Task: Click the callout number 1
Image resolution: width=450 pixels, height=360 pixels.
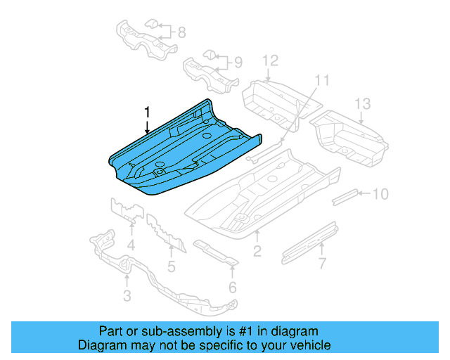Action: pyautogui.click(x=148, y=112)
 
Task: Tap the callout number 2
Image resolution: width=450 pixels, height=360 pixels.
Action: pyautogui.click(x=257, y=251)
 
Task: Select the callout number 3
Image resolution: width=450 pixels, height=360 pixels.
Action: pyautogui.click(x=127, y=296)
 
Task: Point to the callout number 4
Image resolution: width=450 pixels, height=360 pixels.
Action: pyautogui.click(x=131, y=245)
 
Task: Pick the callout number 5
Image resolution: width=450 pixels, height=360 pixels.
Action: pyautogui.click(x=171, y=266)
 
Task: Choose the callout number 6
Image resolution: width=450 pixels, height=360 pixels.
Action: pyautogui.click(x=232, y=286)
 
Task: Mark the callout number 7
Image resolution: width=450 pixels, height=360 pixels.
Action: pyautogui.click(x=321, y=264)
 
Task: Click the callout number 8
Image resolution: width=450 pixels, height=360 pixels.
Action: pyautogui.click(x=181, y=32)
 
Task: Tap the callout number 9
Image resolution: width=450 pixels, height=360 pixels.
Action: pyautogui.click(x=238, y=63)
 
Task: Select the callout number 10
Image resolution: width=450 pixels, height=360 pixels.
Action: pyautogui.click(x=380, y=193)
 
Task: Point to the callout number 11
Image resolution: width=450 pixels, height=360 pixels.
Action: pyautogui.click(x=321, y=80)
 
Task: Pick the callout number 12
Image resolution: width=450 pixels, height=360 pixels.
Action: pyautogui.click(x=271, y=60)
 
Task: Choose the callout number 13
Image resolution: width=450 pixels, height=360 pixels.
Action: pyautogui.click(x=361, y=104)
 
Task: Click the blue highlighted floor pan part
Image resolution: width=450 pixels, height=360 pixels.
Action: pyautogui.click(x=183, y=148)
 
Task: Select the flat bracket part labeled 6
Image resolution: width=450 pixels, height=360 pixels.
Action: pyautogui.click(x=214, y=253)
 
